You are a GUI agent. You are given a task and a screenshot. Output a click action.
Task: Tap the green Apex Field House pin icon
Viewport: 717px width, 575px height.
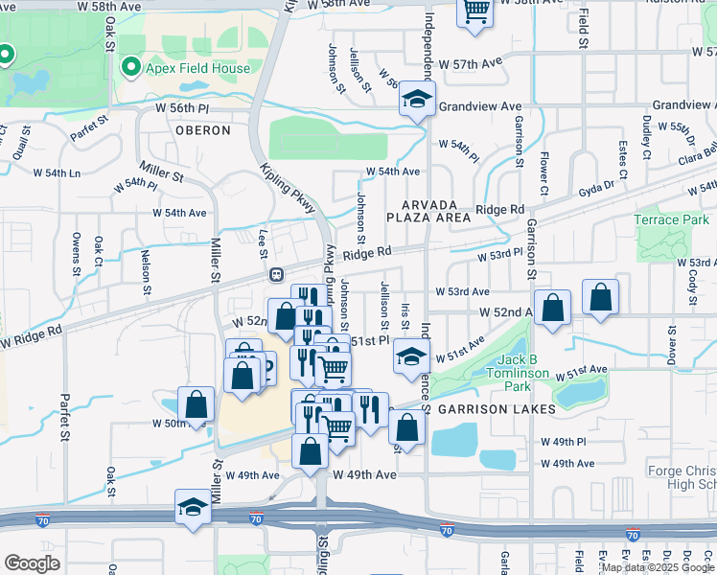(x=131, y=67)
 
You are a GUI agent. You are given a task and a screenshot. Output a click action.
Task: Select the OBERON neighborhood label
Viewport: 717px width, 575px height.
(x=203, y=129)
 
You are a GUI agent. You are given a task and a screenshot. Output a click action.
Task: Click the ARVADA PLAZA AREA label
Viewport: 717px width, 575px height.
(x=435, y=211)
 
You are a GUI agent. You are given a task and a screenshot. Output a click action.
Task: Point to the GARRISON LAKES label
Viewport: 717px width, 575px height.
(x=497, y=409)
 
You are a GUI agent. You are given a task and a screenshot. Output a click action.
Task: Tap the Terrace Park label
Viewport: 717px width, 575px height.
(x=672, y=219)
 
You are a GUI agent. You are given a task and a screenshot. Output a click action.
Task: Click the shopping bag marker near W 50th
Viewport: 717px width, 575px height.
(x=196, y=405)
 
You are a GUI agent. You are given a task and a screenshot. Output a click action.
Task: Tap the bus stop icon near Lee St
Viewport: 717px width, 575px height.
(x=276, y=274)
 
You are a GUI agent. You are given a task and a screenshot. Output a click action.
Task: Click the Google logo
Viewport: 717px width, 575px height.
(x=32, y=563)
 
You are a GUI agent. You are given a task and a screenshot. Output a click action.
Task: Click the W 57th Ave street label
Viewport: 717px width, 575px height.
(x=476, y=63)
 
